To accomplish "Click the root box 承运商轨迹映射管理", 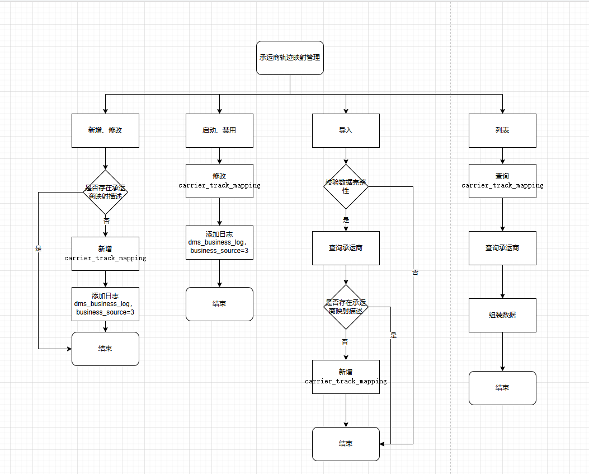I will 290,58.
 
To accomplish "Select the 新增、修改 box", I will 105,130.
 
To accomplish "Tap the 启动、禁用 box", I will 219,130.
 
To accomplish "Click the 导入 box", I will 346,130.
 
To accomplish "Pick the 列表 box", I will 502,130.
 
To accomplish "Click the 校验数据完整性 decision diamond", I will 346,186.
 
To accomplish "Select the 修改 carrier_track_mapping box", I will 219,181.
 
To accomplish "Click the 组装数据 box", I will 502,315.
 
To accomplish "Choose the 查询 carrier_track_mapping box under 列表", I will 502,181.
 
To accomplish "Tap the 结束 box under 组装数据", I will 502,388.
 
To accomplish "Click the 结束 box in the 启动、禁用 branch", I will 219,304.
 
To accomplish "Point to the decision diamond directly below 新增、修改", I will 105,192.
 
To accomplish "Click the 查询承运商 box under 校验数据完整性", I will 346,248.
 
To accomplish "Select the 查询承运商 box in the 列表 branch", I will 502,248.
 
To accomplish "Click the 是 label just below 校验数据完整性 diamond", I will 346,220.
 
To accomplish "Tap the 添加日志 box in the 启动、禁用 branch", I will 219,242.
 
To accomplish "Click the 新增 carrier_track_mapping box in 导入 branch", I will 346,377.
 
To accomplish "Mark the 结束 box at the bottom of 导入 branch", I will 346,444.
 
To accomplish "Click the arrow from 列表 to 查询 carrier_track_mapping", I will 502,156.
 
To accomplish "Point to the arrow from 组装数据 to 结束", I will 502,351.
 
